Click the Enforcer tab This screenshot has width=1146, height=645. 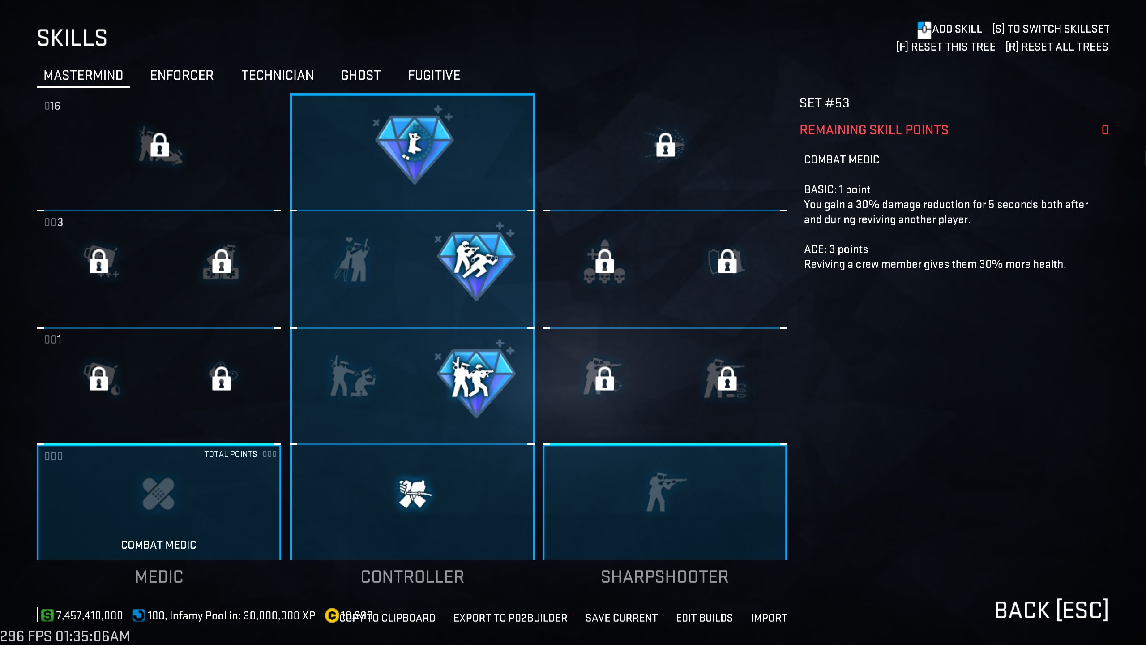[x=181, y=75]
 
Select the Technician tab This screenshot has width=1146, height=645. [x=277, y=75]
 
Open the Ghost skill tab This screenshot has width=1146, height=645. [x=360, y=75]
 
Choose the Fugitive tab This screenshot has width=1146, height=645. [x=434, y=75]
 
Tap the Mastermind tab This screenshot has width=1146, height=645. [x=83, y=75]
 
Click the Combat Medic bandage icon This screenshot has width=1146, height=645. [x=158, y=494]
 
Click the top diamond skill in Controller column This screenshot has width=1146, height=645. [x=414, y=146]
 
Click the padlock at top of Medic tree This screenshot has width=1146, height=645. [x=159, y=145]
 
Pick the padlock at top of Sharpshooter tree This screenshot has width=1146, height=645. [x=665, y=145]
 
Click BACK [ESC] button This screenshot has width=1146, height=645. [x=1051, y=610]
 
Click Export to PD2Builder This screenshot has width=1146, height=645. [x=510, y=618]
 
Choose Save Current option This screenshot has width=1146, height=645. [x=621, y=618]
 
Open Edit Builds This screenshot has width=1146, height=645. [x=704, y=618]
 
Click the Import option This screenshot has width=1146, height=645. [x=769, y=618]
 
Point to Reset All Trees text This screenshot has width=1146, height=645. [x=1056, y=47]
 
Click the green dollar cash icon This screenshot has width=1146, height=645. [x=47, y=615]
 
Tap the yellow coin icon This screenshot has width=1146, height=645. [x=332, y=615]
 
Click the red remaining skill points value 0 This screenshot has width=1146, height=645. [x=1105, y=130]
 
